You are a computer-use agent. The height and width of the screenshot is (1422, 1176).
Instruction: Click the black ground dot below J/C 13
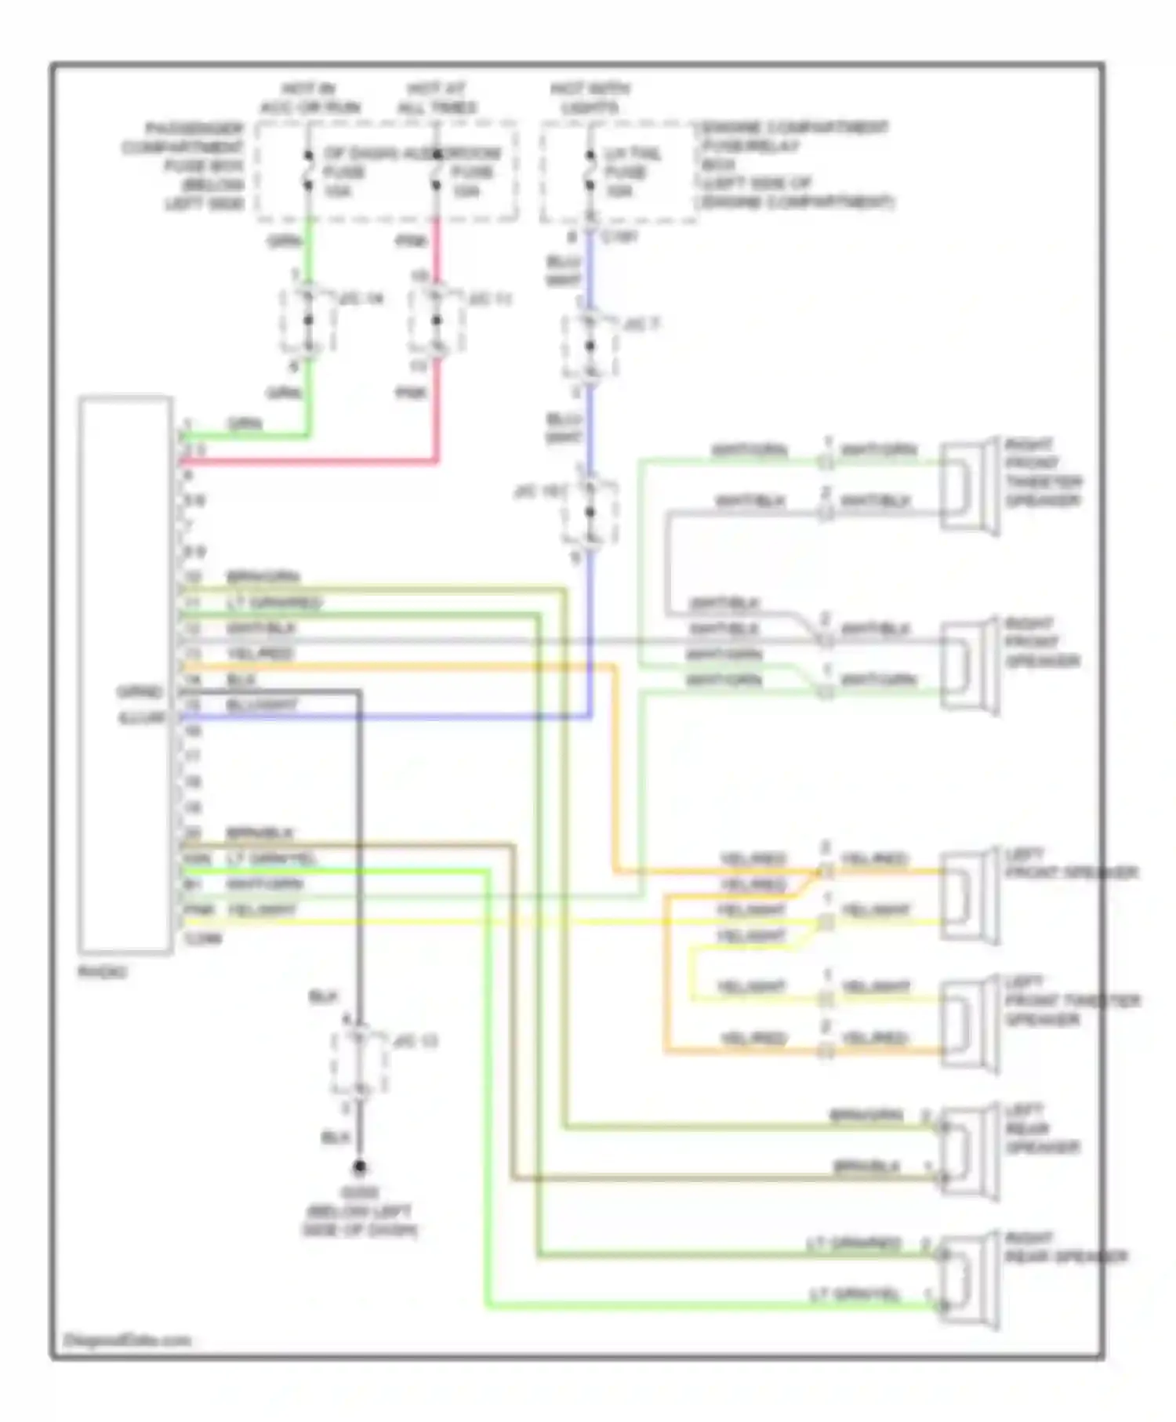(x=359, y=1167)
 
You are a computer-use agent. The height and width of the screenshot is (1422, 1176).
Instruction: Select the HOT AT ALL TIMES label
(x=437, y=99)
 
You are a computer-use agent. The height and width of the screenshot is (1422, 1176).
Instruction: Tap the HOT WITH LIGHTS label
(x=590, y=99)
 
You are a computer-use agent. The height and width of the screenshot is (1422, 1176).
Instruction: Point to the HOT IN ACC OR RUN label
(x=310, y=99)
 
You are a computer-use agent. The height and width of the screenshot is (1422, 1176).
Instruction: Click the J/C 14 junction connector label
(x=362, y=299)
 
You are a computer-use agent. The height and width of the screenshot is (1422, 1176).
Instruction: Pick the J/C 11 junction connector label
(x=491, y=299)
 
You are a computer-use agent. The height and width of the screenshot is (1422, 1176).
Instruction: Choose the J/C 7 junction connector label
(x=641, y=323)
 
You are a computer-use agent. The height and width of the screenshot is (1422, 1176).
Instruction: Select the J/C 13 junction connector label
(x=416, y=1041)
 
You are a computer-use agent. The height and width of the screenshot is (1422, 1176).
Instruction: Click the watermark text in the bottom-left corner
(x=127, y=1340)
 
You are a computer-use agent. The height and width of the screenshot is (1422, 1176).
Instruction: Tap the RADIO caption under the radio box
(x=102, y=972)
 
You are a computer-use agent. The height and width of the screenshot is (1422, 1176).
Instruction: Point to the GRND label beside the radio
(x=140, y=692)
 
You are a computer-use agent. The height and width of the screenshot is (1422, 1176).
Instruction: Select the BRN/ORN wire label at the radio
(x=263, y=577)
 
